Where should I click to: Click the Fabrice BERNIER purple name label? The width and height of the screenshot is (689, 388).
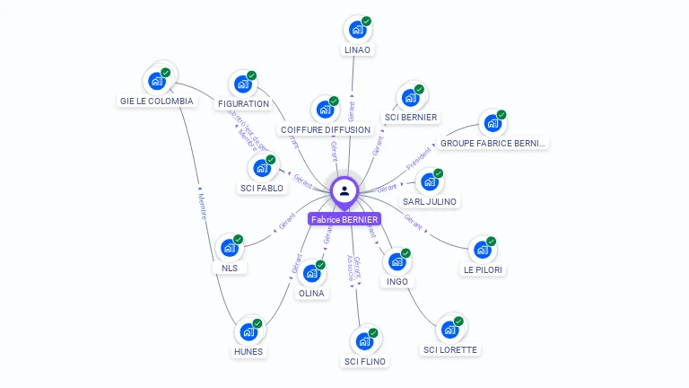tap(344, 219)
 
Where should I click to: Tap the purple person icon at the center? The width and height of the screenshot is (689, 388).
tap(344, 190)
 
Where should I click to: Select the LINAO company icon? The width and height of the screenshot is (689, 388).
tap(358, 29)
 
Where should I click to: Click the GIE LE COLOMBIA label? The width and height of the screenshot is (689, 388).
tap(157, 101)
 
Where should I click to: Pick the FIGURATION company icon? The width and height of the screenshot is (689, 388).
tap(243, 84)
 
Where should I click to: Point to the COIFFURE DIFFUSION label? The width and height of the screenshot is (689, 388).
tap(325, 130)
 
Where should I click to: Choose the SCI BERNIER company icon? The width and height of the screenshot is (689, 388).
tap(410, 97)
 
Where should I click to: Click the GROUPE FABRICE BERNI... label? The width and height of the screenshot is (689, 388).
tap(493, 143)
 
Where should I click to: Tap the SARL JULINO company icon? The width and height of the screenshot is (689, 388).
tap(430, 181)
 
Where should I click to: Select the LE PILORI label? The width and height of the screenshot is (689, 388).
tap(484, 269)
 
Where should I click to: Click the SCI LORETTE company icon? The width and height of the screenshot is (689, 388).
tap(450, 329)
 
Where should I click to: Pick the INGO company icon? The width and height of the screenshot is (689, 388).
tap(397, 261)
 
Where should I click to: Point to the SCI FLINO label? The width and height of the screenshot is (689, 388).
tap(365, 362)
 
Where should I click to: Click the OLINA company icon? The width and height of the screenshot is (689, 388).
tap(311, 273)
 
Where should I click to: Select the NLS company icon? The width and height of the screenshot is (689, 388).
tap(230, 248)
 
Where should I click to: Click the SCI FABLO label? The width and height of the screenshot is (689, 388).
tap(262, 189)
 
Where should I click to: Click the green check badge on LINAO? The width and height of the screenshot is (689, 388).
tap(367, 21)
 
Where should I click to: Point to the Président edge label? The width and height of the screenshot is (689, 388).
tap(418, 159)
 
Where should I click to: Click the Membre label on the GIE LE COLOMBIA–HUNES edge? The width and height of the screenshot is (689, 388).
tap(202, 206)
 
